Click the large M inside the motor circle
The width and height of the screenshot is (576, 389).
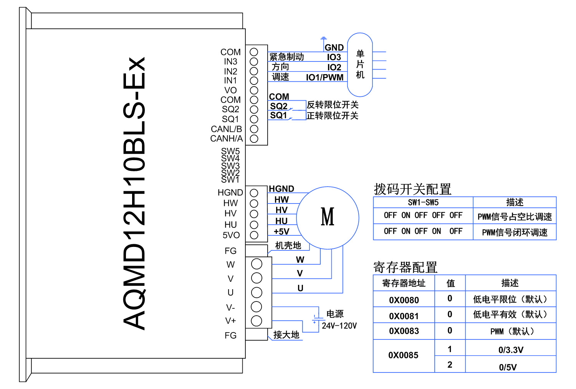click(x=328, y=217)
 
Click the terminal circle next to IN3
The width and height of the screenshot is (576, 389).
click(x=254, y=61)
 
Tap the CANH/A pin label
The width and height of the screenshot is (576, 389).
click(x=227, y=139)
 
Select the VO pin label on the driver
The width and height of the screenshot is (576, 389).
click(x=230, y=90)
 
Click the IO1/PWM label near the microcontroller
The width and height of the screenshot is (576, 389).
click(x=324, y=78)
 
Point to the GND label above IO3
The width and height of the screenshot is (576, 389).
click(x=334, y=48)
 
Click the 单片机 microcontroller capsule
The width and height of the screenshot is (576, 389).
click(x=360, y=65)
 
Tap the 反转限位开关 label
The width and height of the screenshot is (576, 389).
click(x=333, y=105)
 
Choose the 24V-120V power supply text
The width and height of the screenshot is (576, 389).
click(x=339, y=326)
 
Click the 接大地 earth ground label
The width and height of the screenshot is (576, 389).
click(x=286, y=335)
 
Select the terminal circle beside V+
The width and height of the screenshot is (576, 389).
click(x=257, y=321)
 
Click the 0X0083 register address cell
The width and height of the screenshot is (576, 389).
click(x=404, y=331)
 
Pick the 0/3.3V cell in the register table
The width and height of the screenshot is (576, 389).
click(x=511, y=350)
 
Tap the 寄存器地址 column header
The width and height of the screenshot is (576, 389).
click(x=404, y=283)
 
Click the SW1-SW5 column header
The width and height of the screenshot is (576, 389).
click(x=423, y=203)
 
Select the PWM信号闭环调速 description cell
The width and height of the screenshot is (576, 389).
click(x=515, y=233)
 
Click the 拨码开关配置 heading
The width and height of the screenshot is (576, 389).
click(x=412, y=189)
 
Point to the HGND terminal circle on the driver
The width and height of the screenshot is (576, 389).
click(x=254, y=193)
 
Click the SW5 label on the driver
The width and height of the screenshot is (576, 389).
click(x=230, y=151)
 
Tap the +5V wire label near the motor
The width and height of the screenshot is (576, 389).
click(x=281, y=232)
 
